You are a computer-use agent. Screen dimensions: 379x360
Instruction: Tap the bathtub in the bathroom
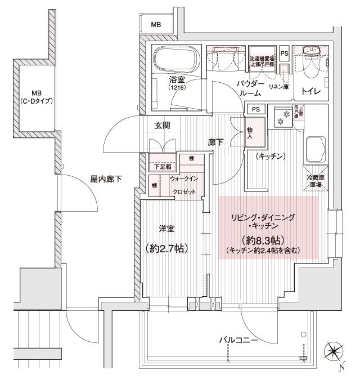[x=174, y=59]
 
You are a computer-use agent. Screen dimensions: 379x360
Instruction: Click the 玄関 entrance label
[x=163, y=125]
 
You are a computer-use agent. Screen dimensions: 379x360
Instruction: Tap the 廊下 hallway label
[x=215, y=142]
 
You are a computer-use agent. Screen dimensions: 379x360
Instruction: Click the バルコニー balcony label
[x=238, y=340]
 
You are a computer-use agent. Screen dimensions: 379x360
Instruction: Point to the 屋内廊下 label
[x=106, y=179]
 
